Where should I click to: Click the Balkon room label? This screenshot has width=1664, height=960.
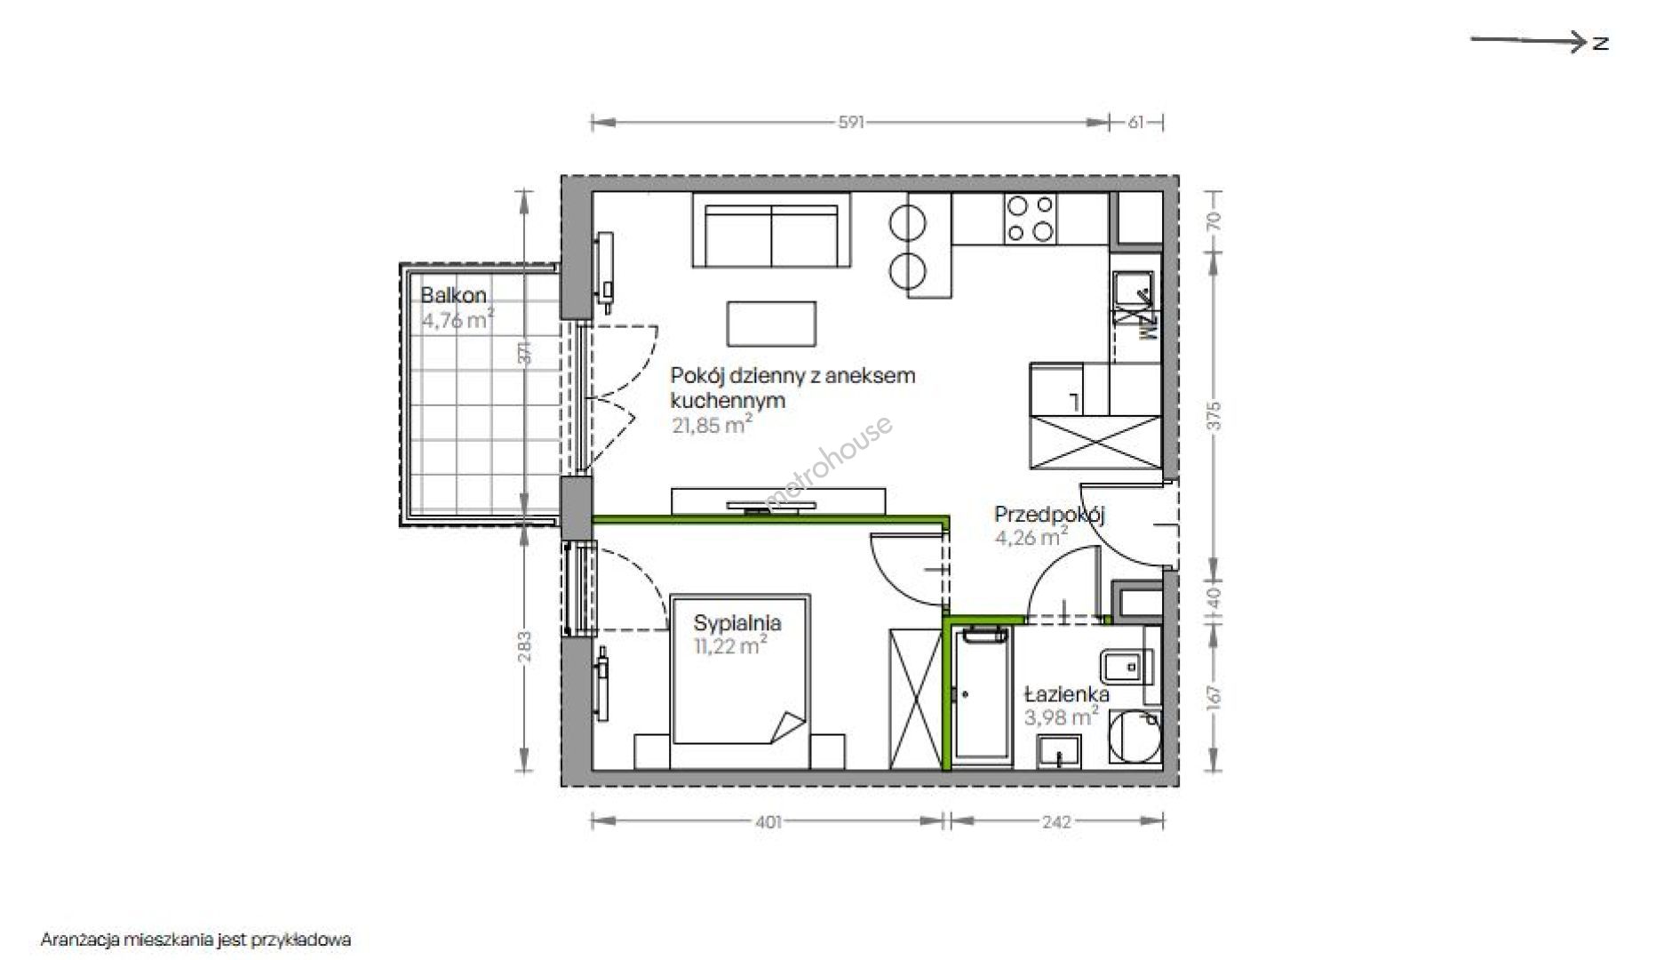click(x=453, y=295)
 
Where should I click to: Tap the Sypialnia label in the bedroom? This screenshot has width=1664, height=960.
click(x=737, y=623)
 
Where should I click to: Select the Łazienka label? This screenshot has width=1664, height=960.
click(x=1066, y=694)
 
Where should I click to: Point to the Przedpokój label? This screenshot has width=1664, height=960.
click(x=1049, y=515)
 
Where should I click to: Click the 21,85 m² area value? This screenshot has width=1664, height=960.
click(x=712, y=425)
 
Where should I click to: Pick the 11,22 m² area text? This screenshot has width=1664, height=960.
click(x=730, y=646)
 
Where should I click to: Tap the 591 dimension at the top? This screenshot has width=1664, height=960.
click(x=850, y=123)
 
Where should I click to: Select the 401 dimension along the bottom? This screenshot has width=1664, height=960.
click(x=768, y=822)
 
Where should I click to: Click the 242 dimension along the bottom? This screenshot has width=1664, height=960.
click(x=1055, y=822)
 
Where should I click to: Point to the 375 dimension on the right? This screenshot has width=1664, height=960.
click(x=1214, y=415)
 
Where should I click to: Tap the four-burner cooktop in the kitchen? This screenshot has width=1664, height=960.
click(x=1031, y=220)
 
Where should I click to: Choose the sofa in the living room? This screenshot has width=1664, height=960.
click(x=771, y=230)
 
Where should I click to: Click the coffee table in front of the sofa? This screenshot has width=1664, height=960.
click(x=771, y=324)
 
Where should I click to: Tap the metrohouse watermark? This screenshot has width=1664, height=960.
click(x=828, y=462)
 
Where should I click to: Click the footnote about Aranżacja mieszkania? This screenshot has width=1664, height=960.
click(x=195, y=940)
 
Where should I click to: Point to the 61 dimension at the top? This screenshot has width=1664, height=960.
click(x=1136, y=123)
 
